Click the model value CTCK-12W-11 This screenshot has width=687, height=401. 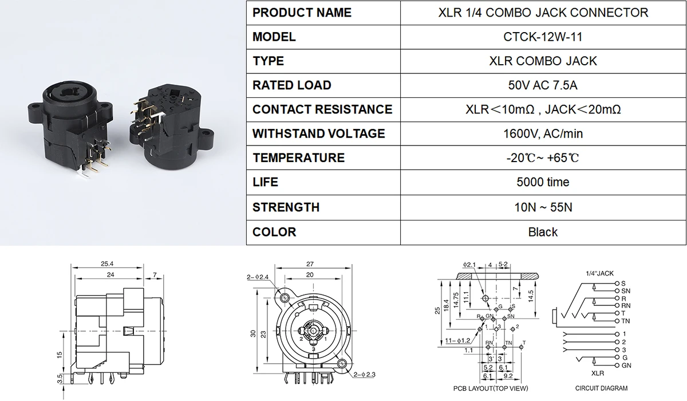[x=543, y=37]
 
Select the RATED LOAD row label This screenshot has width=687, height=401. [x=291, y=85]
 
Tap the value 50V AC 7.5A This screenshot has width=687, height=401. [x=543, y=85]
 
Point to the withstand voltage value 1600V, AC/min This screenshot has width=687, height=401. [x=543, y=134]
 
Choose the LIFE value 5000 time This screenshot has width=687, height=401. [x=543, y=182]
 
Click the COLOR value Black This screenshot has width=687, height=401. [x=543, y=232]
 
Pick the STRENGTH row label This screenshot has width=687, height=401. [x=286, y=207]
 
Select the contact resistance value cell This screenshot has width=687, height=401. [x=543, y=109]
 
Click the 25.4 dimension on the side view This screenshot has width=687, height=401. [x=107, y=264]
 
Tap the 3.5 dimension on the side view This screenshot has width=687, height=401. [x=60, y=379]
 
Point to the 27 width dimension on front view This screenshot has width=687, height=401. [x=310, y=264]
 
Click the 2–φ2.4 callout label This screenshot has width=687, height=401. [x=257, y=277]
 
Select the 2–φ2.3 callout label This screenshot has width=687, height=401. [x=364, y=374]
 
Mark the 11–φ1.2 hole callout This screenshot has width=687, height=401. [x=457, y=340]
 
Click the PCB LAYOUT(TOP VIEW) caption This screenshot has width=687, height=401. [x=491, y=388]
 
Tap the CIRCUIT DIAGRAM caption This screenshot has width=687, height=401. [x=601, y=388]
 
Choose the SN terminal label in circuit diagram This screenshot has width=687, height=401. [x=626, y=291]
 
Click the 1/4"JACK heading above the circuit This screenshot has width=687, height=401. [x=599, y=273]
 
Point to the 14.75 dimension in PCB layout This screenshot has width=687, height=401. [x=456, y=300]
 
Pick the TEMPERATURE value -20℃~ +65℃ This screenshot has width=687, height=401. [x=543, y=158]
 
